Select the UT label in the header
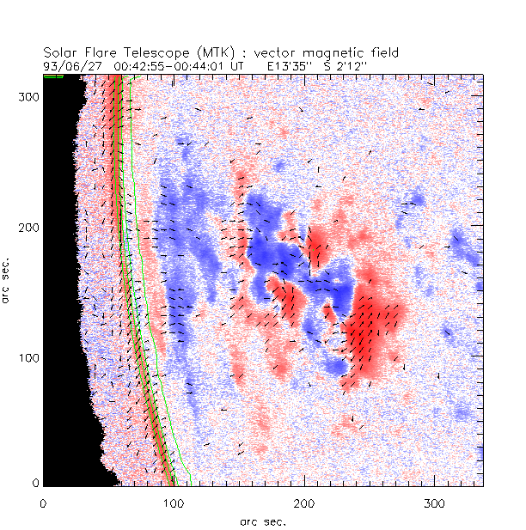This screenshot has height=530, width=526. tap(237, 64)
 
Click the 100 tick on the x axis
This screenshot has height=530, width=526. tap(174, 502)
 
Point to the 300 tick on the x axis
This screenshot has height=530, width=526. tap(434, 502)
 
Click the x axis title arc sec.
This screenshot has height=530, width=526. tap(263, 521)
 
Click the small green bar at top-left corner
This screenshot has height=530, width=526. tap(53, 76)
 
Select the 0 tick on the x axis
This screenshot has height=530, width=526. tap(43, 502)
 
